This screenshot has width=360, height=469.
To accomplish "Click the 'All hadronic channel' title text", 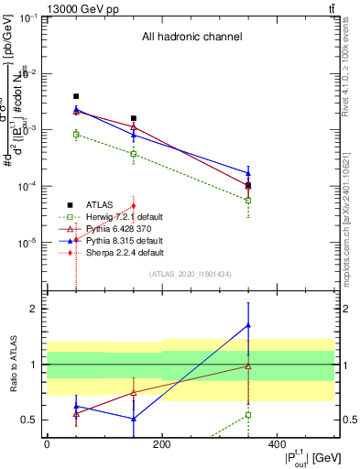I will point(191,38).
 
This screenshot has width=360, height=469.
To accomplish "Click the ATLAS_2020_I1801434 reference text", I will point(191,274).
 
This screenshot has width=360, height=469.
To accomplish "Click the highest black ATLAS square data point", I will point(76,96).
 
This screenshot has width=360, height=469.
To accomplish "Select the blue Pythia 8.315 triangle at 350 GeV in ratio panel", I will point(248,325).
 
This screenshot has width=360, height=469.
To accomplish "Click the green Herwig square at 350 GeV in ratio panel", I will point(248,415).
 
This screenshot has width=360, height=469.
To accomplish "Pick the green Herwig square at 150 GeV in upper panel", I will point(134,154).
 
